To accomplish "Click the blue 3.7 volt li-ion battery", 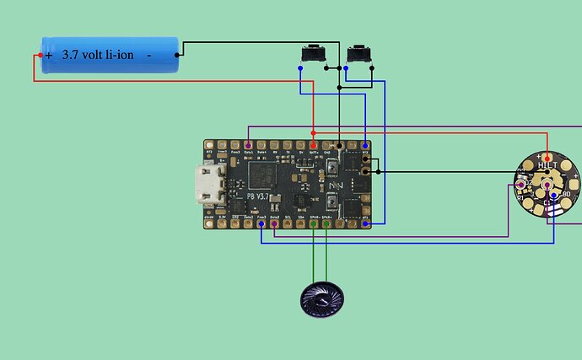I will (x=110, y=54).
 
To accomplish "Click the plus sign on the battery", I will (x=49, y=55).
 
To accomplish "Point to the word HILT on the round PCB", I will (x=547, y=165).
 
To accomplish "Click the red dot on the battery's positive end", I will (x=39, y=56).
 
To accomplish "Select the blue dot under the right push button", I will (x=347, y=67).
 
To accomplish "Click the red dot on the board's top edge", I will (x=314, y=146).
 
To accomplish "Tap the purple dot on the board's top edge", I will (x=248, y=146).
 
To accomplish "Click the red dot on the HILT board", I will (x=547, y=158).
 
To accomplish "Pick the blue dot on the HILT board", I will (x=553, y=196).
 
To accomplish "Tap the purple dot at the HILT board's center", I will (x=547, y=184).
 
